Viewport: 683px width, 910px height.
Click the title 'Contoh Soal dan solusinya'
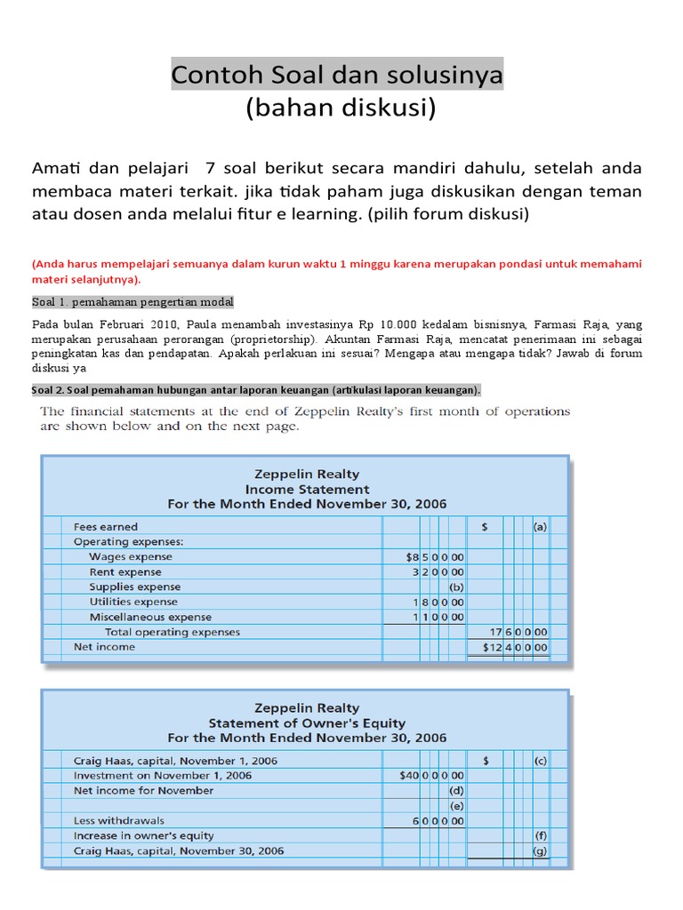point(337,76)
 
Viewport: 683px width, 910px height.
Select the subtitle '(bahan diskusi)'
point(341,108)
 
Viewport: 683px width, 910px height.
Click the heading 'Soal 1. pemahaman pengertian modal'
point(133,302)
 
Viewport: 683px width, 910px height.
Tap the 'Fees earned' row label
point(105,526)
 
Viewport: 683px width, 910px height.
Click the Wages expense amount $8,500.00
point(434,556)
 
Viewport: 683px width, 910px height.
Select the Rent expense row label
point(125,571)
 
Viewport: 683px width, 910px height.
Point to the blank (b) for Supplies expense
point(455,587)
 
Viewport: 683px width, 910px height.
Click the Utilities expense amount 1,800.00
point(438,602)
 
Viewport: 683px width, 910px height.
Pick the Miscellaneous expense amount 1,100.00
point(438,617)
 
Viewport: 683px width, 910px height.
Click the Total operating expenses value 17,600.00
point(518,632)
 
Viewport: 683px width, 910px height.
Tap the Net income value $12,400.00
point(515,647)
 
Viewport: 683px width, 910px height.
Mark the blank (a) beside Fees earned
point(540,526)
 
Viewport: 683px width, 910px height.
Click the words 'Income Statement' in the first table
point(307,489)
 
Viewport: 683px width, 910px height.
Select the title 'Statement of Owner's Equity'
point(307,722)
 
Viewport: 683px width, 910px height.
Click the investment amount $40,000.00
point(432,775)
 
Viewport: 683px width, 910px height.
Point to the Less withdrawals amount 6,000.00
point(438,821)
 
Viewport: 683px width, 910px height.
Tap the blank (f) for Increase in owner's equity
point(540,835)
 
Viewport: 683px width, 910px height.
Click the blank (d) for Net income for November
point(455,790)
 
